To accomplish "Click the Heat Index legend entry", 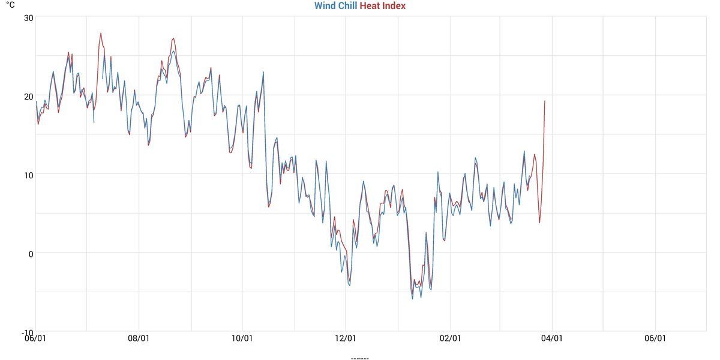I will pyautogui.click(x=382, y=6).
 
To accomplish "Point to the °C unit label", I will pyautogui.click(x=11, y=5).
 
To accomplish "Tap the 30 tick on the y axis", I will pyautogui.click(x=28, y=17).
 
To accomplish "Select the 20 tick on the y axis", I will pyautogui.click(x=28, y=96).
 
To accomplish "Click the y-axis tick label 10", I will pyautogui.click(x=28, y=175).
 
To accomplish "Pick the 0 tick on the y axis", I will pyautogui.click(x=30, y=253).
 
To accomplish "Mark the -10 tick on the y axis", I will pyautogui.click(x=26, y=332).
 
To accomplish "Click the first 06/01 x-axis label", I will pyautogui.click(x=35, y=338).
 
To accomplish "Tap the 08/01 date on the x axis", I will pyautogui.click(x=139, y=338).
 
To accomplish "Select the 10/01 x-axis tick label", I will pyautogui.click(x=242, y=338).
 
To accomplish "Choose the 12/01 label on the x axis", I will pyautogui.click(x=346, y=338).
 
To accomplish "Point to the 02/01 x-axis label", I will pyautogui.click(x=450, y=338).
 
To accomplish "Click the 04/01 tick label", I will pyautogui.click(x=552, y=338).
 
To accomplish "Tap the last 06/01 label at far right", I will pyautogui.click(x=655, y=338).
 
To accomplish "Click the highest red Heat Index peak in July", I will pyautogui.click(x=101, y=33).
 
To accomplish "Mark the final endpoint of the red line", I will pyautogui.click(x=545, y=101).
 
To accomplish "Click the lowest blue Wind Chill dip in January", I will pyautogui.click(x=412, y=299).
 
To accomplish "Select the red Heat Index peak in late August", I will pyautogui.click(x=173, y=38).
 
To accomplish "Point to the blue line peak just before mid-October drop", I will pyautogui.click(x=263, y=72).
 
